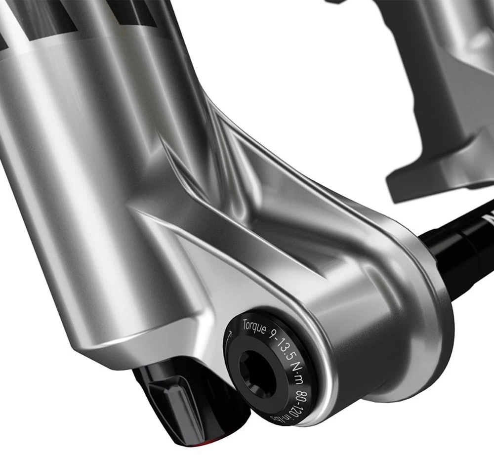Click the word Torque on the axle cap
254,327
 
